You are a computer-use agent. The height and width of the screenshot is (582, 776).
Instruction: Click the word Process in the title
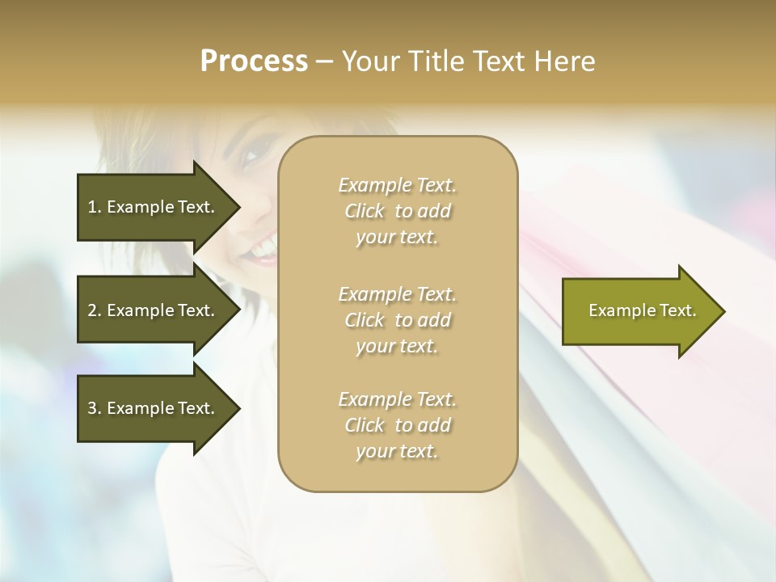pos(254,61)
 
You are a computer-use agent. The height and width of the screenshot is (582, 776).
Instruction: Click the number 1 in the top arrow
pos(92,207)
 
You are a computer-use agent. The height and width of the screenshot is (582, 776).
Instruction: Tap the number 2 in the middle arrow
pos(92,310)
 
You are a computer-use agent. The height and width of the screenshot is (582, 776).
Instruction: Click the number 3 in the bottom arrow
pos(92,408)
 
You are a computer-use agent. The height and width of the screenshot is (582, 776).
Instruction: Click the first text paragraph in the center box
pos(397,211)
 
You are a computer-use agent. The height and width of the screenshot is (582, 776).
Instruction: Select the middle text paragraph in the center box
pos(397,320)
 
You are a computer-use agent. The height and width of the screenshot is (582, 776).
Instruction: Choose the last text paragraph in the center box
pos(397,425)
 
